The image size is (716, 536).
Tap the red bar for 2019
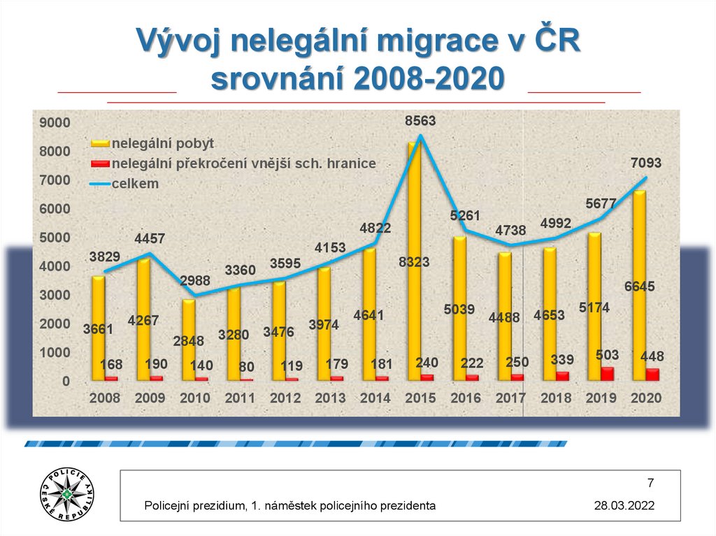608,374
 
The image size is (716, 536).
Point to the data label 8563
420,121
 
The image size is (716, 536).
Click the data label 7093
645,163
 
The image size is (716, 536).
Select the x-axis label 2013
331,398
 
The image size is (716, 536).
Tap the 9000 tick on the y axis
56,123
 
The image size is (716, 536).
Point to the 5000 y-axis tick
56,238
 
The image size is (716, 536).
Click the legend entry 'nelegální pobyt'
163,143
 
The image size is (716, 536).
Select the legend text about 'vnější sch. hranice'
244,164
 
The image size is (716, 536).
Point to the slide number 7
650,483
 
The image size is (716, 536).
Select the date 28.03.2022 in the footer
624,505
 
